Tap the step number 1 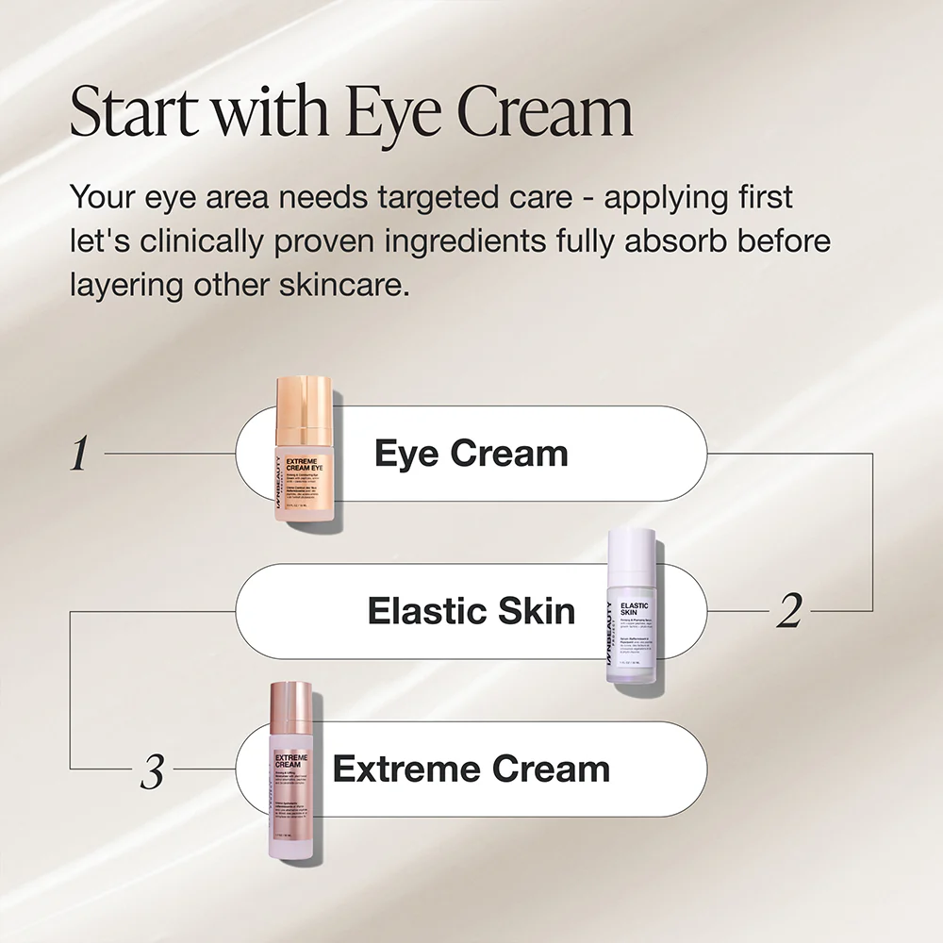click(80, 455)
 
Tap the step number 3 click(152, 773)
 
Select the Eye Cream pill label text click(471, 454)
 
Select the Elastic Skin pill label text click(471, 611)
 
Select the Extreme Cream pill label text click(471, 769)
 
